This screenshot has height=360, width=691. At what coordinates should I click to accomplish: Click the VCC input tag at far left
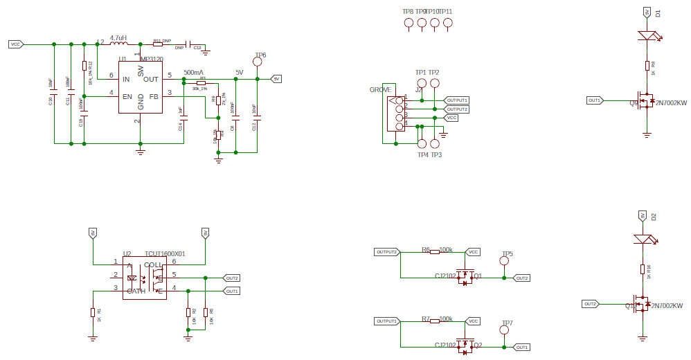click(x=16, y=44)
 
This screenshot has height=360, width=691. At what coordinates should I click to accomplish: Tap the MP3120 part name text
click(x=152, y=60)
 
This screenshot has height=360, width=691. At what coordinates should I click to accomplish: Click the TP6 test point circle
click(x=258, y=62)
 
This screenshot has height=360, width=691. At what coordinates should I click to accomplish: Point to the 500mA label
click(x=193, y=73)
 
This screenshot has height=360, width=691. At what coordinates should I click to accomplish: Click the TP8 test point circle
click(x=408, y=23)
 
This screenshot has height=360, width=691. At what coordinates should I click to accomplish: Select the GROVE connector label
click(x=380, y=90)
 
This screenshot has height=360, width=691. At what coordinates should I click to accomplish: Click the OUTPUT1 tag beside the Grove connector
click(x=457, y=100)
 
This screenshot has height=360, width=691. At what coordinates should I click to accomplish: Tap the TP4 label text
click(x=422, y=154)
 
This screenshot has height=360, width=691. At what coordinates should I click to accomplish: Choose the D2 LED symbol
click(x=643, y=239)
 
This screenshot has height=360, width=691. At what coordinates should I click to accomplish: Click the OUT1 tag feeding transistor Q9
click(x=594, y=100)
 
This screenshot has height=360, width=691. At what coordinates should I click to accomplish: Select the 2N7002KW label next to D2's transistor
click(x=667, y=305)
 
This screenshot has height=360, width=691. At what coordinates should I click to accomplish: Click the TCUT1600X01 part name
click(x=165, y=254)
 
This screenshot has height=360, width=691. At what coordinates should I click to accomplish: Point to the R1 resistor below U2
click(x=93, y=312)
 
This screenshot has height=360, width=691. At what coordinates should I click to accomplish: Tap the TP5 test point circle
click(x=505, y=261)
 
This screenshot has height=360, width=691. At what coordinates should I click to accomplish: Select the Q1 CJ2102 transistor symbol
click(x=465, y=277)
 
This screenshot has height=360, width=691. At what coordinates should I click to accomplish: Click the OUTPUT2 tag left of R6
click(x=386, y=252)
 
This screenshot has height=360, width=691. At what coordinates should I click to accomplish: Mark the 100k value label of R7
click(x=446, y=319)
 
